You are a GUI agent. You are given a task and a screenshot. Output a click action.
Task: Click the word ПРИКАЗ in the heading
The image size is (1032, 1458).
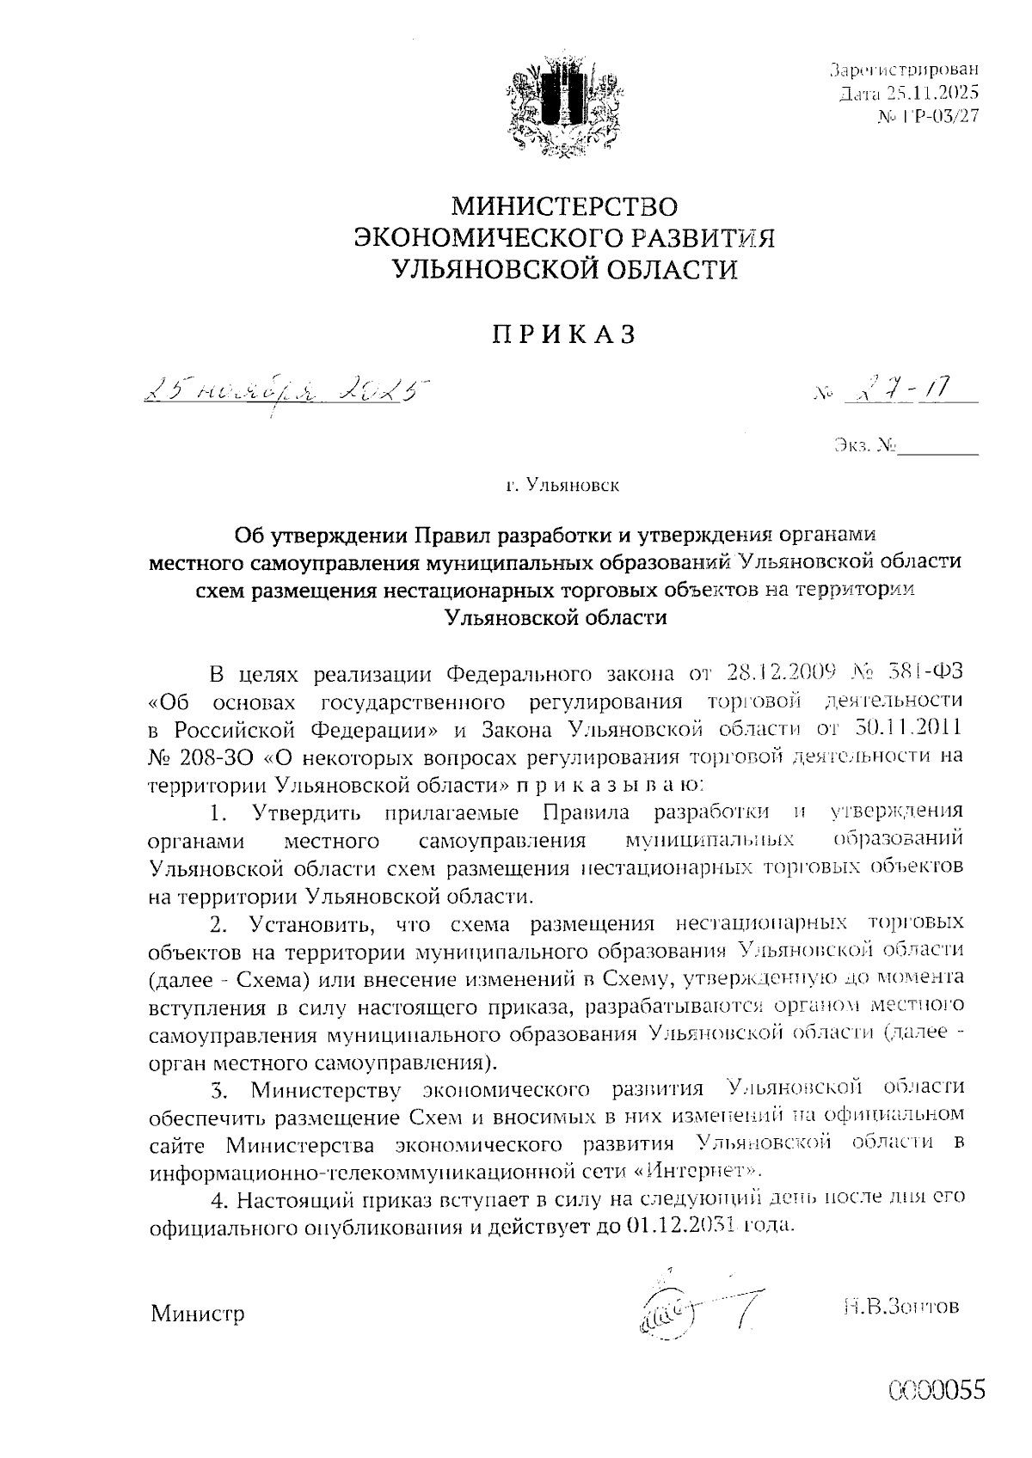(564, 334)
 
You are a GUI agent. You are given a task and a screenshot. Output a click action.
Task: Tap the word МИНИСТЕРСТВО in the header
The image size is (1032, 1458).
(565, 206)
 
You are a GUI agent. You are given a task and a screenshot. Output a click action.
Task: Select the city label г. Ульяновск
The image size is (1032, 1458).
(563, 487)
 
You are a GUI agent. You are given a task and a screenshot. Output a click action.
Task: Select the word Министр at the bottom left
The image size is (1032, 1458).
(197, 1314)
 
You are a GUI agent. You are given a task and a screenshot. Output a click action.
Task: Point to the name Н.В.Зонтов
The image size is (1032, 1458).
(900, 1307)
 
